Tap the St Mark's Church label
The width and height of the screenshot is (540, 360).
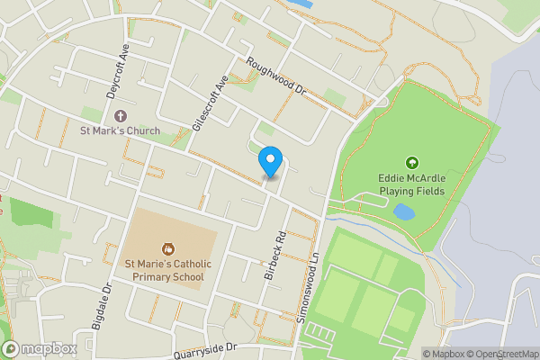pos(121,131)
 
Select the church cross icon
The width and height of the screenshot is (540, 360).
pos(121,115)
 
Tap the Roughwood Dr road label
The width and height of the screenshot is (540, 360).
pos(277,77)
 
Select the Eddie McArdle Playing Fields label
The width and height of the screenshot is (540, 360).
pos(412,185)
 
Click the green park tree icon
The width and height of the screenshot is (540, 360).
pos(412,163)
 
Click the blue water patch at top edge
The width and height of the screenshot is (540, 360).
pos(302,4)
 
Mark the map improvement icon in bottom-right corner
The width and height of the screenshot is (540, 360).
pos(535,354)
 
